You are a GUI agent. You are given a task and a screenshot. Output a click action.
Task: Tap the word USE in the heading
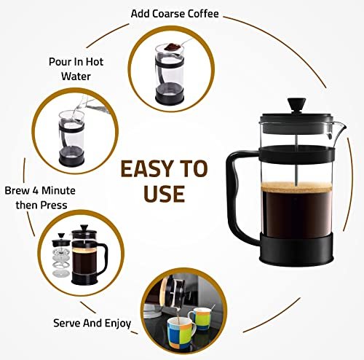(164, 194)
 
